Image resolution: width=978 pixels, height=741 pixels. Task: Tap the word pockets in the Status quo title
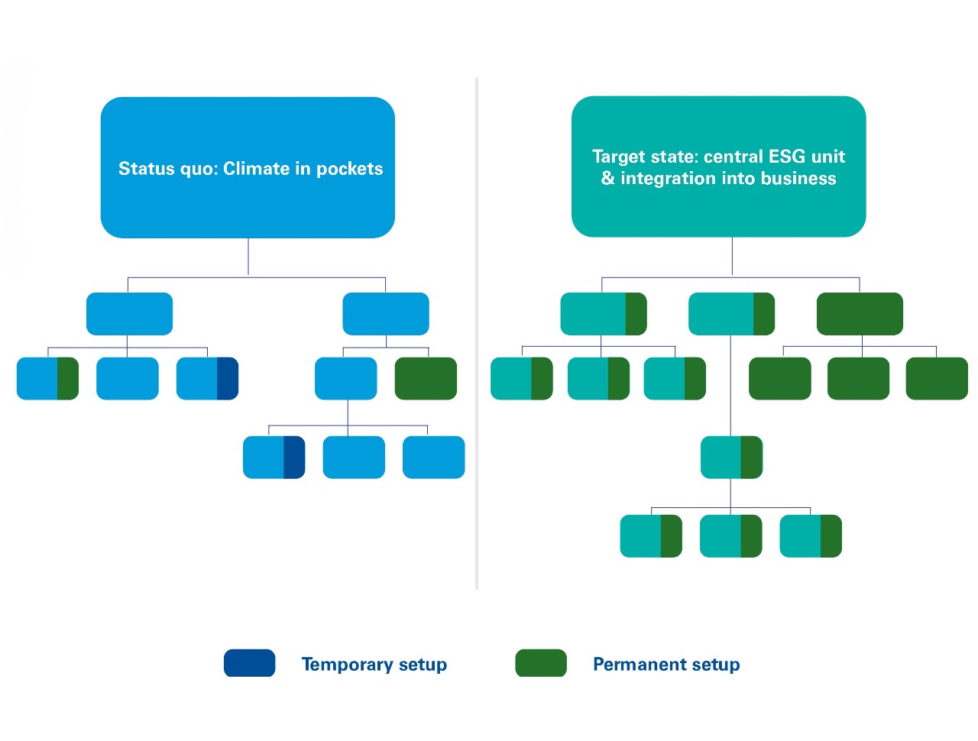[349, 169]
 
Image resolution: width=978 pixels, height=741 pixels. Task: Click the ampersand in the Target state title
[608, 179]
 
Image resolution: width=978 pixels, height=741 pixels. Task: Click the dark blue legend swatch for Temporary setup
[249, 663]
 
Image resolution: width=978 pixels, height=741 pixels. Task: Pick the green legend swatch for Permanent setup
[541, 663]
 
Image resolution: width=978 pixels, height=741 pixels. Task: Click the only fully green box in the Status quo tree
[426, 378]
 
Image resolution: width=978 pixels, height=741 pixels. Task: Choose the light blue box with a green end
[47, 378]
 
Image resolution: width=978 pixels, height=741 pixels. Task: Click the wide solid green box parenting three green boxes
[860, 314]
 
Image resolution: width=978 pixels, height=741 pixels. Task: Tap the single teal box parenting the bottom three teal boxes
[731, 458]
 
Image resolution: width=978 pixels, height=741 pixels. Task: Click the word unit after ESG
[827, 157]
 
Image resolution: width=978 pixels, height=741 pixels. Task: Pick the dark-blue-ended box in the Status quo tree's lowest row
[274, 458]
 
